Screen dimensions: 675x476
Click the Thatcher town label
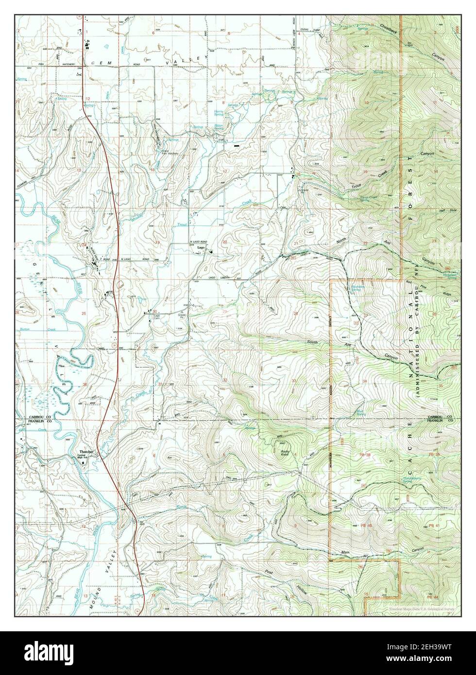tap(86, 452)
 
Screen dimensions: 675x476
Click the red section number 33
tap(294, 380)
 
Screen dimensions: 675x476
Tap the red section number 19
tap(157, 242)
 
